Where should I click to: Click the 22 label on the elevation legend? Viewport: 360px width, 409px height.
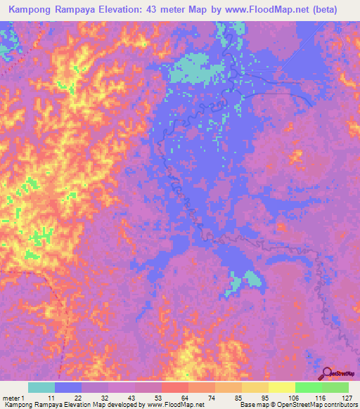pyautogui.click(x=77, y=398)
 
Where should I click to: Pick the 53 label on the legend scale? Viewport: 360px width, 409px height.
pyautogui.click(x=157, y=398)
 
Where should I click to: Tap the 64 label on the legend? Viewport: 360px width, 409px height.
pyautogui.click(x=184, y=398)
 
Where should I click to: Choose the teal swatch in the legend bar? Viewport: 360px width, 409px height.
pyautogui.click(x=41, y=387)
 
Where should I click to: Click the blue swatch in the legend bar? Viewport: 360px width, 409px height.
pyautogui.click(x=68, y=387)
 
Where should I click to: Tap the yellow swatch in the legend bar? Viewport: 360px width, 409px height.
pyautogui.click(x=282, y=387)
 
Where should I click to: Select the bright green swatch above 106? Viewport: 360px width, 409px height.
pyautogui.click(x=309, y=387)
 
